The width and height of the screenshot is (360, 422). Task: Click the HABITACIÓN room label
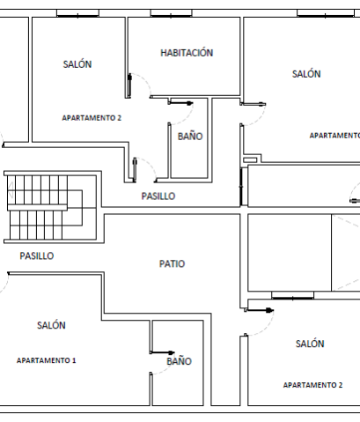click(187, 53)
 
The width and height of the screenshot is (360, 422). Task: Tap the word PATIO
click(172, 263)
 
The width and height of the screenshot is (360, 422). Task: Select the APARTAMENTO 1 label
click(46, 360)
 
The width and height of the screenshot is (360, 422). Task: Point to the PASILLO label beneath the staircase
click(37, 255)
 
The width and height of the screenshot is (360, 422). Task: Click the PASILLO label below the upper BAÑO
click(158, 196)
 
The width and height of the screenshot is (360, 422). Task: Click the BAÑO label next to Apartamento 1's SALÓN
click(179, 361)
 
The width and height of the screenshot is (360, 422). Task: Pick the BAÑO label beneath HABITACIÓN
click(190, 137)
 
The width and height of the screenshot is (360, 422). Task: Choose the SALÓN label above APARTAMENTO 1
click(51, 325)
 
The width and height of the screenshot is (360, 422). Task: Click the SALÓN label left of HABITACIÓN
click(77, 64)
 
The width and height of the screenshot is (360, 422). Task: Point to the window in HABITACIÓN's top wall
click(171, 13)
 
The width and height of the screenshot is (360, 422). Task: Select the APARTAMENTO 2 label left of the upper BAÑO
click(92, 118)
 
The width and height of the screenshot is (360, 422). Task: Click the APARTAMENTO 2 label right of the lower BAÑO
click(312, 385)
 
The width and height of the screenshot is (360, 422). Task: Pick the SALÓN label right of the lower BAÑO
click(310, 344)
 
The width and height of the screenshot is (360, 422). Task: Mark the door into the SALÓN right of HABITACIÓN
click(253, 115)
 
